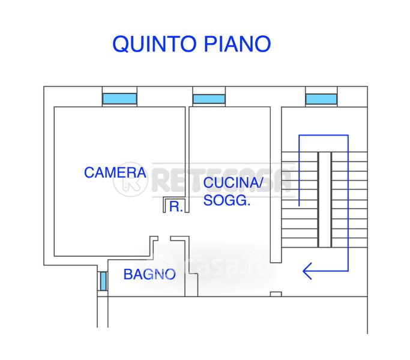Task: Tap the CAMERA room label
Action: (115, 173)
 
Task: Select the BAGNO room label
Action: (149, 275)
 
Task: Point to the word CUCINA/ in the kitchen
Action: (233, 183)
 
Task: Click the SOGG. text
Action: (226, 201)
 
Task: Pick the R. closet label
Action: (176, 207)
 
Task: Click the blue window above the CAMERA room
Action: (119, 98)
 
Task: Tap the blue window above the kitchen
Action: (209, 98)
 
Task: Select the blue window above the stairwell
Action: (321, 98)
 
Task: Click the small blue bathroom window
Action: (103, 281)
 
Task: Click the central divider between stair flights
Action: (324, 199)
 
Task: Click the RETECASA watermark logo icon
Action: (130, 179)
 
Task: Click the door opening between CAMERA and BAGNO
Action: (162, 238)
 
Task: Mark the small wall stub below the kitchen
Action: (276, 293)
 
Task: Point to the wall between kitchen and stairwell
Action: (276, 180)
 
